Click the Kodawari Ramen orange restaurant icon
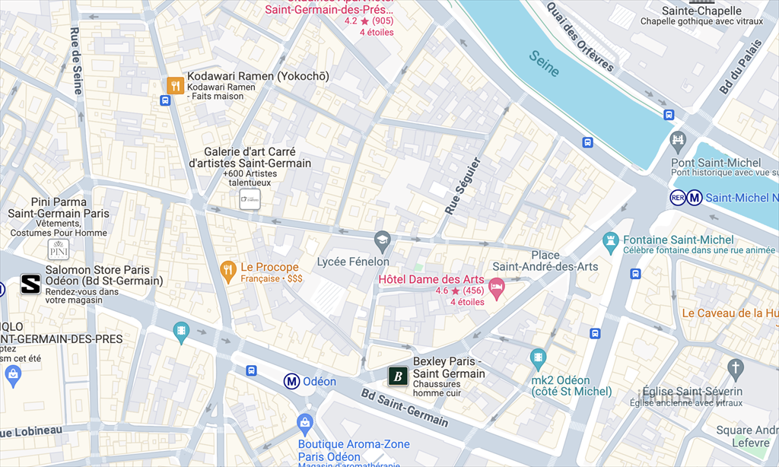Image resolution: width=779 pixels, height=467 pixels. (176, 85)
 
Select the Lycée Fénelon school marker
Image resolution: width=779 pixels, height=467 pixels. (382, 240)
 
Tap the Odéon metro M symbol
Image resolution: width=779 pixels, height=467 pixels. (291, 381)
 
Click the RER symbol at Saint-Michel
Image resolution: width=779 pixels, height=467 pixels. (677, 198)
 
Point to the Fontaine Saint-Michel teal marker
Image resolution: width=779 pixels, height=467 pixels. (610, 243)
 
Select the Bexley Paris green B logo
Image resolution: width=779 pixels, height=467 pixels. (398, 376)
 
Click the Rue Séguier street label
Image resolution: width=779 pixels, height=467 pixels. (463, 186)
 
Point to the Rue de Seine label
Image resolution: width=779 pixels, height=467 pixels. (76, 61)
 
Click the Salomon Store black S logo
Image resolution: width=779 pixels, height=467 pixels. (30, 284)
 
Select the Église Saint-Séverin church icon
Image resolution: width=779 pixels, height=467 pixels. (734, 370)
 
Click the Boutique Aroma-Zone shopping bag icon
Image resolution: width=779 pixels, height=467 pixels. (306, 422)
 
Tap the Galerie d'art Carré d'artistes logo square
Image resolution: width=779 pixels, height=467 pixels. (250, 199)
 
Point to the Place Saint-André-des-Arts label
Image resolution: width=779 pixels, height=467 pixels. (545, 260)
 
